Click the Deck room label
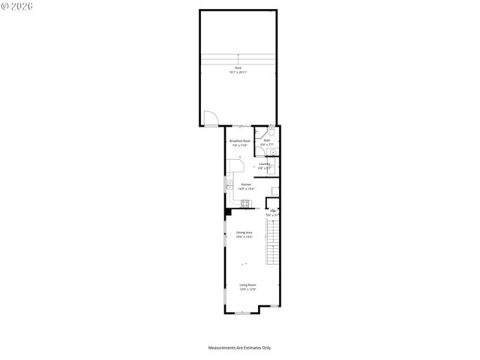[238, 70]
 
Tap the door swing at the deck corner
[211, 118]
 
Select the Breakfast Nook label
[239, 143]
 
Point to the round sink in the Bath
[274, 151]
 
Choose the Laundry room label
[264, 166]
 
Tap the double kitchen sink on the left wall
[228, 184]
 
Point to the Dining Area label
[244, 234]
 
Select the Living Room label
[248, 286]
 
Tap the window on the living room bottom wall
[239, 312]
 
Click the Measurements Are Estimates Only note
[239, 347]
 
